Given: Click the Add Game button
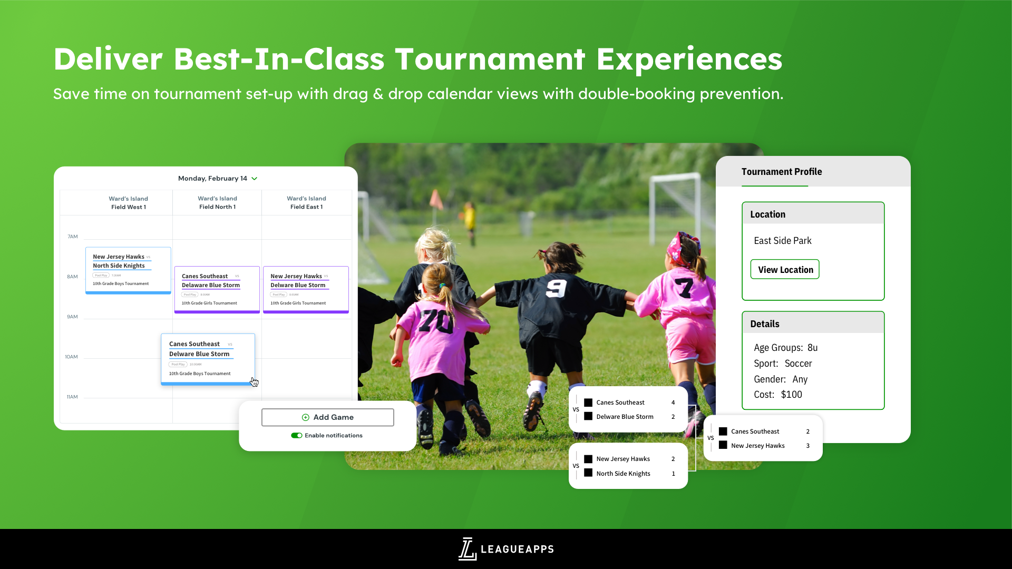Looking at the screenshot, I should [x=327, y=417].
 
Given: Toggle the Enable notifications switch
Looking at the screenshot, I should [x=297, y=436].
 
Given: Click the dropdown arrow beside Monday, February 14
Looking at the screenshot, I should [x=255, y=179].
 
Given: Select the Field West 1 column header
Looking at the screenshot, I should [x=128, y=203].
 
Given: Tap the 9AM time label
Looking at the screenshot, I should [x=72, y=317].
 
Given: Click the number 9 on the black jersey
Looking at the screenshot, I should [x=556, y=288].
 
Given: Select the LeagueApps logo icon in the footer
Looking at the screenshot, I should [x=467, y=549].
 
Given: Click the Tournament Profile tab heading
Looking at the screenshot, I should [x=781, y=172].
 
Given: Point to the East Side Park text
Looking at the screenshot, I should [x=782, y=241].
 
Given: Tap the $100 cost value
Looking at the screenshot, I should [x=791, y=395].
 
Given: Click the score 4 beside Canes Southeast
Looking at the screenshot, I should [x=673, y=403].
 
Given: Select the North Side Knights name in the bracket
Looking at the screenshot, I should [x=623, y=474].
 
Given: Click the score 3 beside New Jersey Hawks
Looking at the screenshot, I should [x=807, y=446].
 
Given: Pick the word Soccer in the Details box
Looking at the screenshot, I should [x=798, y=364].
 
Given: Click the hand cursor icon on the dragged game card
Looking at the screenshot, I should [x=255, y=382].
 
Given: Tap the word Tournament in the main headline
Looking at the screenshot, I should [x=490, y=59].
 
